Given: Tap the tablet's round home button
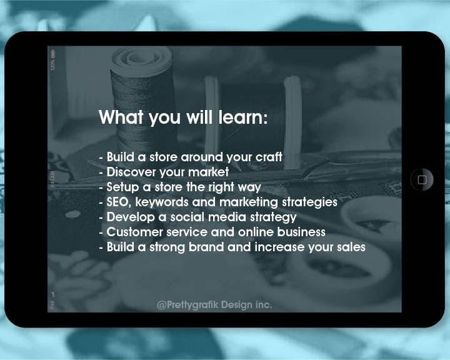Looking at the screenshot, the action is tap(422, 180).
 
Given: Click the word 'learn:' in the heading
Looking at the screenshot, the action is tap(242, 117).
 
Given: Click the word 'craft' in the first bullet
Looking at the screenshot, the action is tap(269, 157).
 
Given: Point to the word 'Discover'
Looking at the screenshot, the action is tap(131, 172).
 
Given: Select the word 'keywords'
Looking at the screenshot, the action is tap(162, 202).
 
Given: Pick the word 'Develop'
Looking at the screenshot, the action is tap(131, 217).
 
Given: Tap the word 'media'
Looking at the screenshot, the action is tap(227, 217).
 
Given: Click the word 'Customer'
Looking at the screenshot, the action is tap(135, 232).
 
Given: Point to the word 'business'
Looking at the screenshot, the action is tap(301, 232).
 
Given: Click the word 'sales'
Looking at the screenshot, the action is tap(351, 247).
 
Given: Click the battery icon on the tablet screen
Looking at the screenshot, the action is tap(52, 53).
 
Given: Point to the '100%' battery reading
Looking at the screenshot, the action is tap(52, 65).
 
